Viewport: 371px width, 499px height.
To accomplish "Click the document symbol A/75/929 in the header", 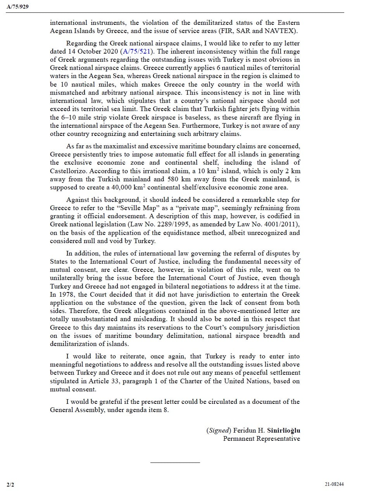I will [17, 7].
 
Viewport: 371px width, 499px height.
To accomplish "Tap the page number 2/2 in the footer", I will [10, 484].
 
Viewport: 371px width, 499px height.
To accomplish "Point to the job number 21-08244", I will [334, 484].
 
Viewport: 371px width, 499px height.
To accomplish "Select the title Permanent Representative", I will [261, 438].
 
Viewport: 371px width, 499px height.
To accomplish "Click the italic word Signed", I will [219, 430].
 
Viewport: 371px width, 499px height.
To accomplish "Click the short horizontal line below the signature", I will [175, 462].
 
